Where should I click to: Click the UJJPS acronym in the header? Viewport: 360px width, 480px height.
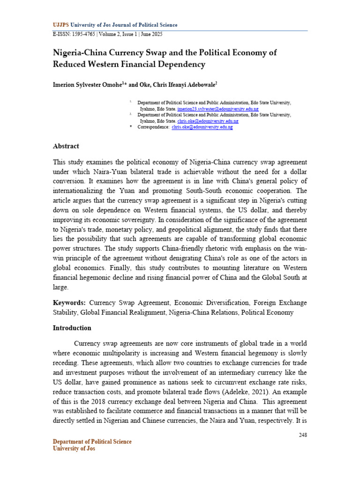(60, 25)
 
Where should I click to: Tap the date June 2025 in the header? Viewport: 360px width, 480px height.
(153, 34)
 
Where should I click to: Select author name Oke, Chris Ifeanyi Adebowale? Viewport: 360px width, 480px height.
(175, 85)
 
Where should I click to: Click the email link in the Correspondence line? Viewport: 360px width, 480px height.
(202, 127)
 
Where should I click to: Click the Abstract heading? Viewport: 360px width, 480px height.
(66, 146)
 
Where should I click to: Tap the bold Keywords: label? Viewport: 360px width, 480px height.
(69, 303)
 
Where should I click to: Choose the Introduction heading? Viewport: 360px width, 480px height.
(72, 328)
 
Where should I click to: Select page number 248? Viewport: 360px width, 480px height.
(302, 435)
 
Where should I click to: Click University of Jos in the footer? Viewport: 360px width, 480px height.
(74, 449)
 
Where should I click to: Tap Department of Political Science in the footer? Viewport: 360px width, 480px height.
(92, 442)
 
